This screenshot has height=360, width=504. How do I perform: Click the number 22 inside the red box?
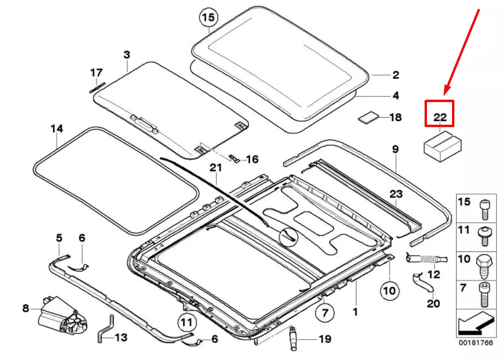click(x=439, y=118)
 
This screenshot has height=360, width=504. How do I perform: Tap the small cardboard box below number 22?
click(x=443, y=146)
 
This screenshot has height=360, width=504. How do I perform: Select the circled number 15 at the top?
click(x=208, y=19)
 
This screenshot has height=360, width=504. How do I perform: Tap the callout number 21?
click(x=215, y=168)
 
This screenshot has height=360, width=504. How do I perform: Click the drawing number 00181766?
click(x=475, y=343)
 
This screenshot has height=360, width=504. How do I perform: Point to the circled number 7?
click(x=324, y=313)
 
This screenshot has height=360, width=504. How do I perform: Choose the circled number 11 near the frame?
click(x=186, y=321)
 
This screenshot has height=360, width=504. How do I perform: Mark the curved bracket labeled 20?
click(x=421, y=283)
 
